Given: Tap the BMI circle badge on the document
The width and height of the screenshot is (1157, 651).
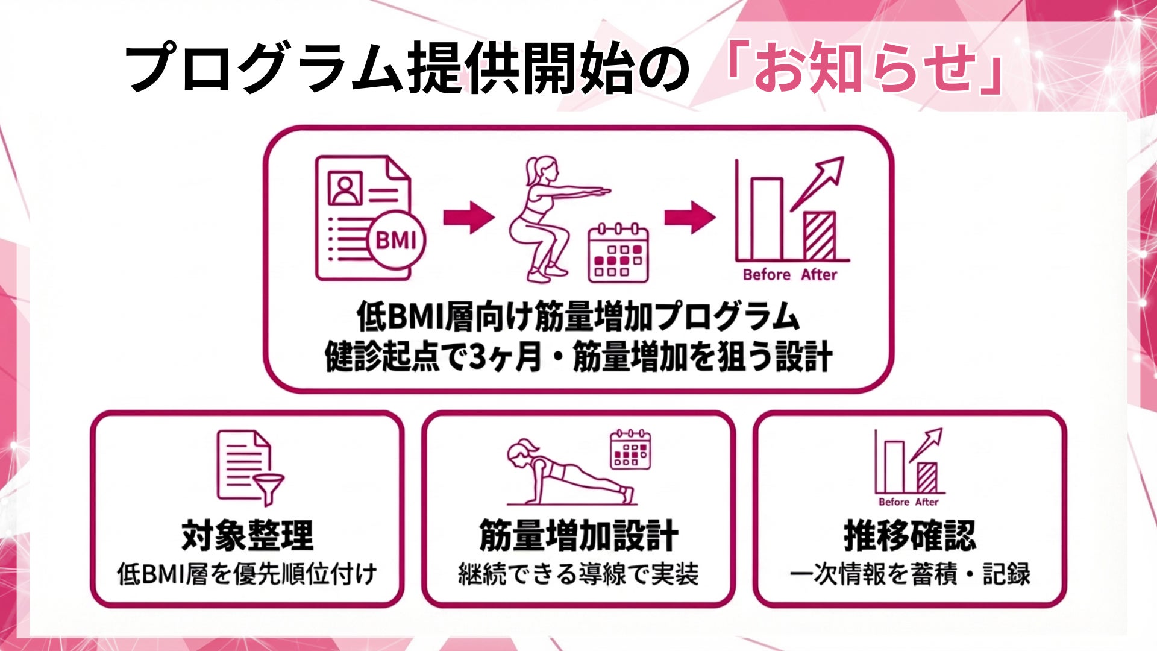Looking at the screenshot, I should [x=396, y=241].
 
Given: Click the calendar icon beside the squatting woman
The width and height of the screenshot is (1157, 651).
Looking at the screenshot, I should [x=618, y=253].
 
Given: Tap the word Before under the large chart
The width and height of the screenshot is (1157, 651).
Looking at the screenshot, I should [x=767, y=275].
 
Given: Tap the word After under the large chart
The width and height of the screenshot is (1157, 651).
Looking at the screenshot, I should [x=819, y=275].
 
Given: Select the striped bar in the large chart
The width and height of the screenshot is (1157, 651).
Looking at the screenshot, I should [x=820, y=236].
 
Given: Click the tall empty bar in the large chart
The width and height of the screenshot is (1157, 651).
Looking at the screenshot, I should [x=767, y=218].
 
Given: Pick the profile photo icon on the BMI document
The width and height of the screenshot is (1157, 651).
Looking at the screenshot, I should [x=345, y=188].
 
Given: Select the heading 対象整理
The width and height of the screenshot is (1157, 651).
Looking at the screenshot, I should [x=248, y=535].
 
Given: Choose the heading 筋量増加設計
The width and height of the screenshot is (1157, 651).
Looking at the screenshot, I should [x=578, y=535].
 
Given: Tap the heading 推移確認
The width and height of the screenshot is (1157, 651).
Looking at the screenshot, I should [x=909, y=535].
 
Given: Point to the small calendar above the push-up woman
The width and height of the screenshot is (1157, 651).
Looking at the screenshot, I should [x=630, y=450].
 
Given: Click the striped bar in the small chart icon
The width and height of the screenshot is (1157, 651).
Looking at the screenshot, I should [x=927, y=477].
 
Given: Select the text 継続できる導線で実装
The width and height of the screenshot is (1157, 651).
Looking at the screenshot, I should [x=578, y=574].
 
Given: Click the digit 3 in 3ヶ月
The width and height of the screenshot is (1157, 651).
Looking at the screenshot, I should [x=478, y=357].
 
